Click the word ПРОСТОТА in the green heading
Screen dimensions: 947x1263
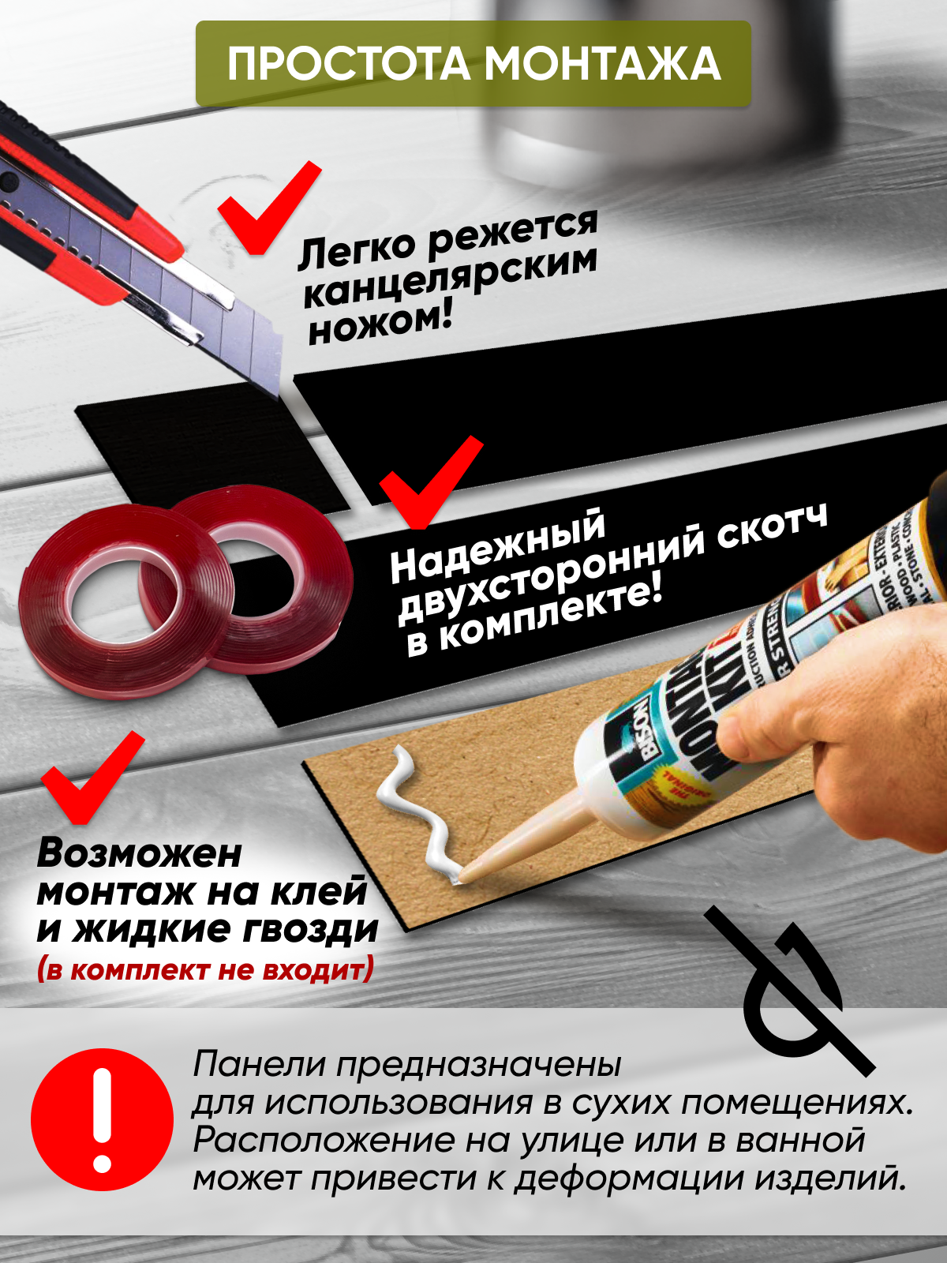click(x=349, y=64)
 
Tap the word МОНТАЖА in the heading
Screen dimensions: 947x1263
click(x=603, y=64)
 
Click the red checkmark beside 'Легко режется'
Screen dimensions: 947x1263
click(x=268, y=207)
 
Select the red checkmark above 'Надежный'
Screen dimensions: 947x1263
click(x=430, y=482)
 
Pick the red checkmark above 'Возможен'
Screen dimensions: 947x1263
click(x=92, y=777)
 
